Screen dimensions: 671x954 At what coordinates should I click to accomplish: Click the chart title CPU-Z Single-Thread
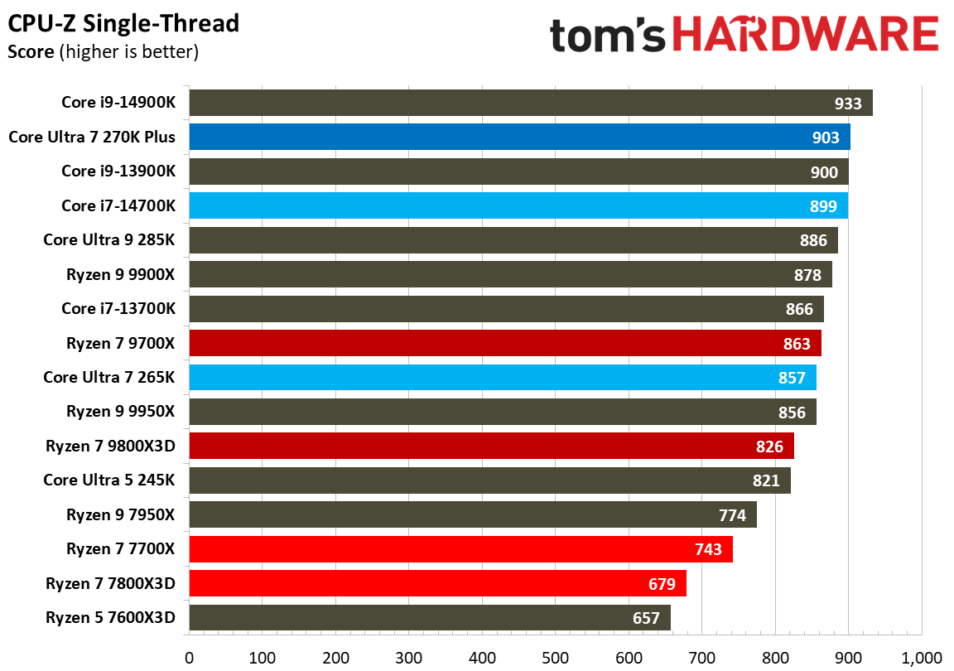click(123, 23)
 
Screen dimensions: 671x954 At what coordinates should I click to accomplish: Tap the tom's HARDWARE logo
click(744, 36)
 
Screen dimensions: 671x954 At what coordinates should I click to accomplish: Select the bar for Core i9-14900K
click(530, 103)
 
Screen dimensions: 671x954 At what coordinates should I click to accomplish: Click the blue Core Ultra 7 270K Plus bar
click(519, 137)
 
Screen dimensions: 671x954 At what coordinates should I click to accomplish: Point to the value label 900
click(824, 172)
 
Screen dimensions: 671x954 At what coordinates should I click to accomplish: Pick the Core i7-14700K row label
click(118, 205)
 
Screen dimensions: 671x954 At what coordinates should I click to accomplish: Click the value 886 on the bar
click(813, 240)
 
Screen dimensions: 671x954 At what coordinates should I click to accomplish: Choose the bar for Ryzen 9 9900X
click(510, 274)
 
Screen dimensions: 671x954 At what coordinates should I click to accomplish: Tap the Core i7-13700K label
click(118, 308)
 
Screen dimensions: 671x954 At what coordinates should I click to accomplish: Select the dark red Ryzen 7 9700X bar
click(505, 343)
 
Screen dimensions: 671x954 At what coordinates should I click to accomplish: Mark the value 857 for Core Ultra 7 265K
click(792, 378)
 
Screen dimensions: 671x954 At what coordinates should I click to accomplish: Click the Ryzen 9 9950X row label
click(121, 411)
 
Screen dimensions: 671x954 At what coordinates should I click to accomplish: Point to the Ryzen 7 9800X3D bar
click(491, 446)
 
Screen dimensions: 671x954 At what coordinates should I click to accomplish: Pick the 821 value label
click(766, 480)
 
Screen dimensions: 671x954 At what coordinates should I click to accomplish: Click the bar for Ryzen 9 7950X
click(472, 514)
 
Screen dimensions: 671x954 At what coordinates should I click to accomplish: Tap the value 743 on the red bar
click(708, 549)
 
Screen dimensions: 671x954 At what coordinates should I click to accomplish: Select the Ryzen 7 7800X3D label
click(111, 583)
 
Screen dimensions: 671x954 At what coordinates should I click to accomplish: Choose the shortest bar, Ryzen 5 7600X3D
click(429, 618)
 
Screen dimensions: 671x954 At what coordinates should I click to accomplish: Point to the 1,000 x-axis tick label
click(922, 658)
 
